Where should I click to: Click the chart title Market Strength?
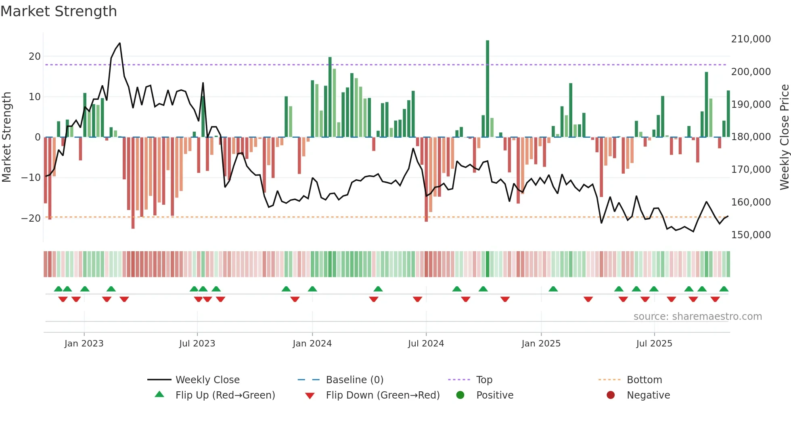pos(59,11)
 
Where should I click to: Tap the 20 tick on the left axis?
pos(35,57)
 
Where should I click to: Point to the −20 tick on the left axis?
pos(31,218)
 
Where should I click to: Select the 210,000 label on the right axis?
pos(751,39)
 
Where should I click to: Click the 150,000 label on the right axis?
pos(751,235)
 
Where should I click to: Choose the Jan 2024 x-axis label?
pos(312,344)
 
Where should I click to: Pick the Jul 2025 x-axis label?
pos(654,344)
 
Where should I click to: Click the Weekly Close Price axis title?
pos(784,137)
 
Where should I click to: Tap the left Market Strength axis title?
pos(7,137)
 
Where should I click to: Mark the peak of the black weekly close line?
pos(120,43)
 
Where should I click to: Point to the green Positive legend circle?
pos(460,395)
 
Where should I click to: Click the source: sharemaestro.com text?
pos(697,317)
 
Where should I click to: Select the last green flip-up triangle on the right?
pos(724,289)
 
